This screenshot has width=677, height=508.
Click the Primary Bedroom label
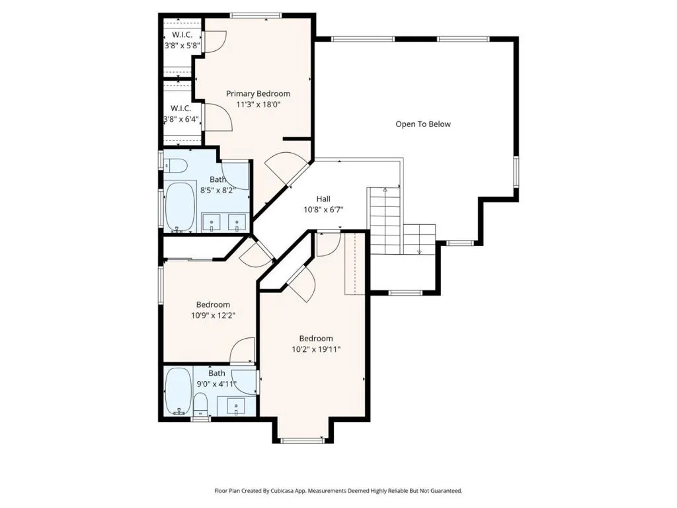coord(259,94)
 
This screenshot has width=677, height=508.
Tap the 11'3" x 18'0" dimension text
coord(259,104)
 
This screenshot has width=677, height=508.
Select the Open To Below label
coord(423,124)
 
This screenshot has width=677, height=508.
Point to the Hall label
coord(323,198)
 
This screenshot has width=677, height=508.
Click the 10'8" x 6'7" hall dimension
coord(323,210)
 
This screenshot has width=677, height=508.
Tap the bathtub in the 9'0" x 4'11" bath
coord(178,392)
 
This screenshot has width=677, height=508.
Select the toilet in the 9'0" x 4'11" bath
coord(200,405)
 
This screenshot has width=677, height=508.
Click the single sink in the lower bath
coord(236,407)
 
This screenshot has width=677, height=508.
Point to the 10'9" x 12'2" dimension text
coord(213,316)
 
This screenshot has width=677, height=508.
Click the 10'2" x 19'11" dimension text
coord(316,349)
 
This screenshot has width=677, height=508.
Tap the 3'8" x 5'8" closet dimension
coord(182,45)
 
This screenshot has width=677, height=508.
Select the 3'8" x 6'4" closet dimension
coord(181,119)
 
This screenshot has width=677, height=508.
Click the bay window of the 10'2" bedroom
coord(302,441)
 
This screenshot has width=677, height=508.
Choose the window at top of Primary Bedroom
coord(256,16)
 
